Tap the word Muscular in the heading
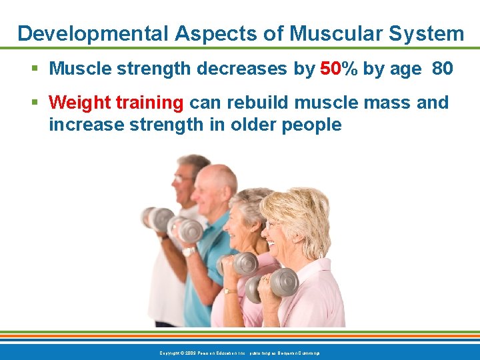coord(321,33)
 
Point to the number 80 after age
coord(443,69)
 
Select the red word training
coord(151,103)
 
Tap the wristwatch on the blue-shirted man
coord(189,251)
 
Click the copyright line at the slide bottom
coord(239,353)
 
